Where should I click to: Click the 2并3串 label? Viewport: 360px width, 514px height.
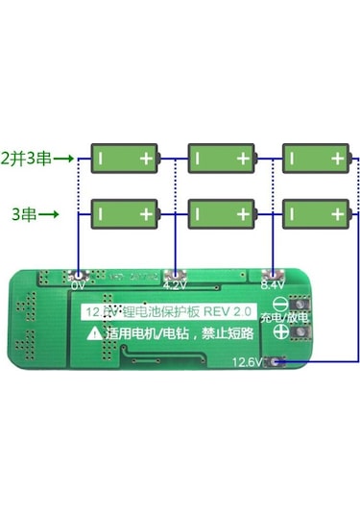26,159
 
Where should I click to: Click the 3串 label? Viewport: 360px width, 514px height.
24,212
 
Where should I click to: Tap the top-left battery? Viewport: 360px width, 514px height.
124,158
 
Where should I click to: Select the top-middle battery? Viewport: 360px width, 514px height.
223,158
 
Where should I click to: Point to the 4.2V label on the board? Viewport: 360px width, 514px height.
175,285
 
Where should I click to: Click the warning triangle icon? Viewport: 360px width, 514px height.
94,333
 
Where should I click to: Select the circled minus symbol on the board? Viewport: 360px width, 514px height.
280,300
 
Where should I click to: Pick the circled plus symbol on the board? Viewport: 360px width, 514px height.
280,332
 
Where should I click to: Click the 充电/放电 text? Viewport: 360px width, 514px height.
284,316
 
